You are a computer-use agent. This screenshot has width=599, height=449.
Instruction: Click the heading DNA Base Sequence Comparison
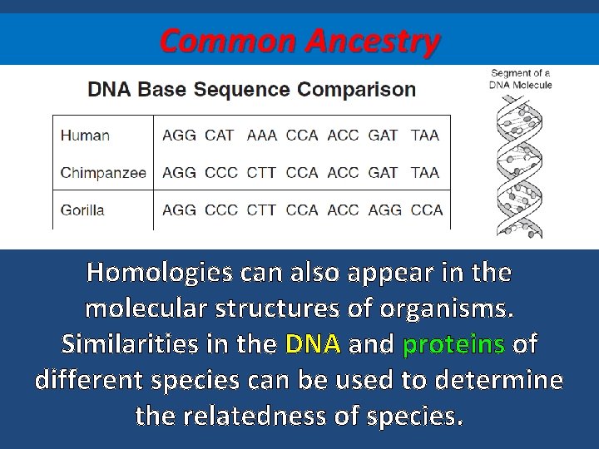[x=252, y=90]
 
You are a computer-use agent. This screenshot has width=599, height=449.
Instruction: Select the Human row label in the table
[x=85, y=135]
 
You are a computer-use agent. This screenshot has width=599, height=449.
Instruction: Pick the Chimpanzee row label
[x=103, y=173]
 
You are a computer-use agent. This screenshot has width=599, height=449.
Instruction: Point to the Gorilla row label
[x=82, y=210]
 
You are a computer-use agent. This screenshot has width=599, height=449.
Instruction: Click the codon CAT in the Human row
[x=220, y=135]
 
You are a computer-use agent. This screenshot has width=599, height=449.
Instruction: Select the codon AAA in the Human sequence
[x=262, y=135]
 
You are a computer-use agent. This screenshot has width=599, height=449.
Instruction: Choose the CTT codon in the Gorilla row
[x=262, y=210]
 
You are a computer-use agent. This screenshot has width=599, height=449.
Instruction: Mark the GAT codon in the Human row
[x=383, y=135]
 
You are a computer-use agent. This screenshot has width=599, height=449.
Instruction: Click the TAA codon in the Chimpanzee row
[x=425, y=173]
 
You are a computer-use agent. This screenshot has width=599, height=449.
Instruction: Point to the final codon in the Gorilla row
[x=427, y=210]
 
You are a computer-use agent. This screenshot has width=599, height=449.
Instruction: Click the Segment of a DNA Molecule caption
[x=521, y=80]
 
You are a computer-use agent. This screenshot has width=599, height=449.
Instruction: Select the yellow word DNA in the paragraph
[x=313, y=344]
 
